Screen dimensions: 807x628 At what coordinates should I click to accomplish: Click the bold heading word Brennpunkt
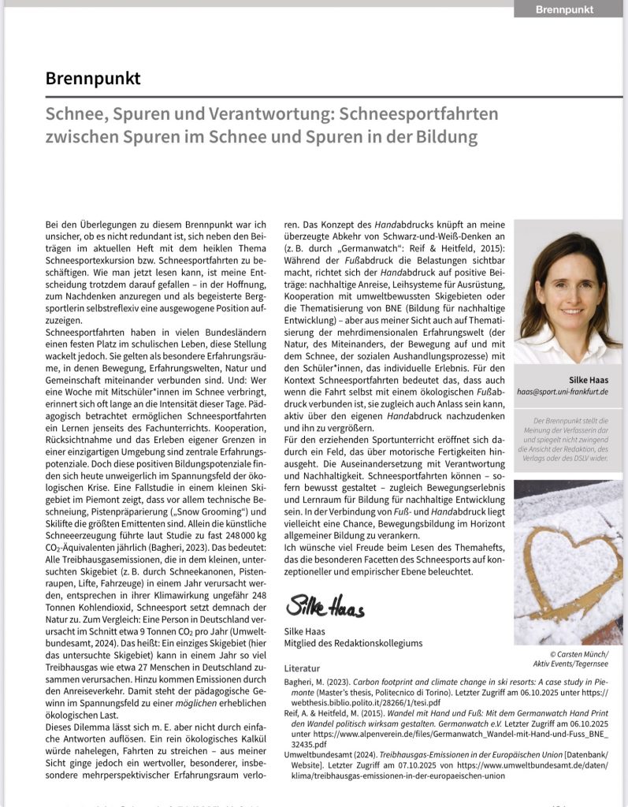[x=93, y=79]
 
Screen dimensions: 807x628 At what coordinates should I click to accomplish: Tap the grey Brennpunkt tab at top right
[x=563, y=9]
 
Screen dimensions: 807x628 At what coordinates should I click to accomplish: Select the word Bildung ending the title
[x=446, y=136]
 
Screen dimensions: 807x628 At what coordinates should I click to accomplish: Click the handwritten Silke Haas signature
[x=325, y=608]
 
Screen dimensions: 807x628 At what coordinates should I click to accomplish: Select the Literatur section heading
[x=303, y=668]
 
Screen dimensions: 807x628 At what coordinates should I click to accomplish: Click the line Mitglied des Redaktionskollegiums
[x=352, y=642]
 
